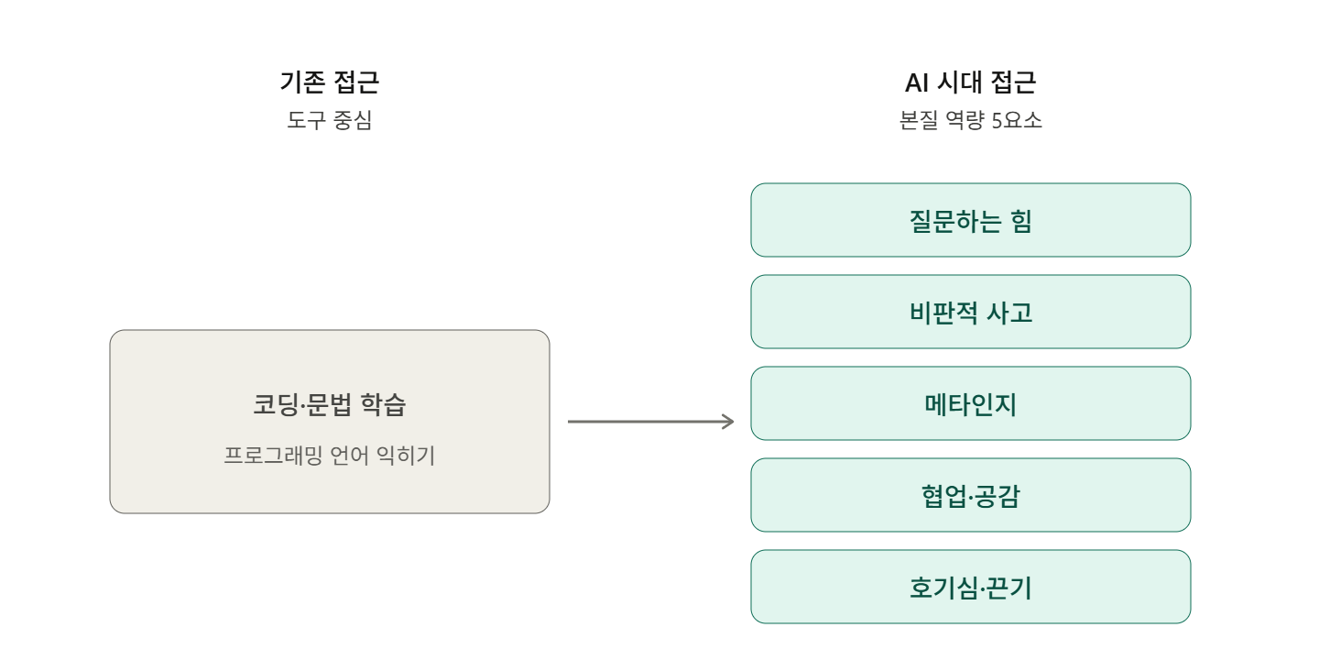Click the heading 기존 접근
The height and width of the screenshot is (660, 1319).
click(x=329, y=82)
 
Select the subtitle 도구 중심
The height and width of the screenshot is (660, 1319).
click(x=329, y=120)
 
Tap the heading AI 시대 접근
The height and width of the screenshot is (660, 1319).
click(x=970, y=82)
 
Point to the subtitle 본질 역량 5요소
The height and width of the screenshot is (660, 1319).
click(x=970, y=120)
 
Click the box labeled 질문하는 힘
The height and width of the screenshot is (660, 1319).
click(x=970, y=220)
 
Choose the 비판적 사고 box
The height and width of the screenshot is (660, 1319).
click(x=970, y=312)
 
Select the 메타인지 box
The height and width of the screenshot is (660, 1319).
click(x=970, y=403)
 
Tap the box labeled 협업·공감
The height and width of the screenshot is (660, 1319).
click(x=970, y=495)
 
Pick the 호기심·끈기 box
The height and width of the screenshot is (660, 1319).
click(x=970, y=587)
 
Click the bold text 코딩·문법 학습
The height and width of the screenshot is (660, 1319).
click(x=329, y=405)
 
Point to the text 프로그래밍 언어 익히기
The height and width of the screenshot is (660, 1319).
click(x=329, y=456)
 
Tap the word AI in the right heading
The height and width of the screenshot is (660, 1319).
click(x=917, y=82)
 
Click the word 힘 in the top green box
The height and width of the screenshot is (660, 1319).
click(x=1020, y=221)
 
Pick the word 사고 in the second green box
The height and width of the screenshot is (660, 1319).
click(x=1009, y=313)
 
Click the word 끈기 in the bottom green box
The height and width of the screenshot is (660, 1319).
click(x=1008, y=588)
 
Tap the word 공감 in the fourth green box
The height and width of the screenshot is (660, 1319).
click(x=997, y=496)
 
